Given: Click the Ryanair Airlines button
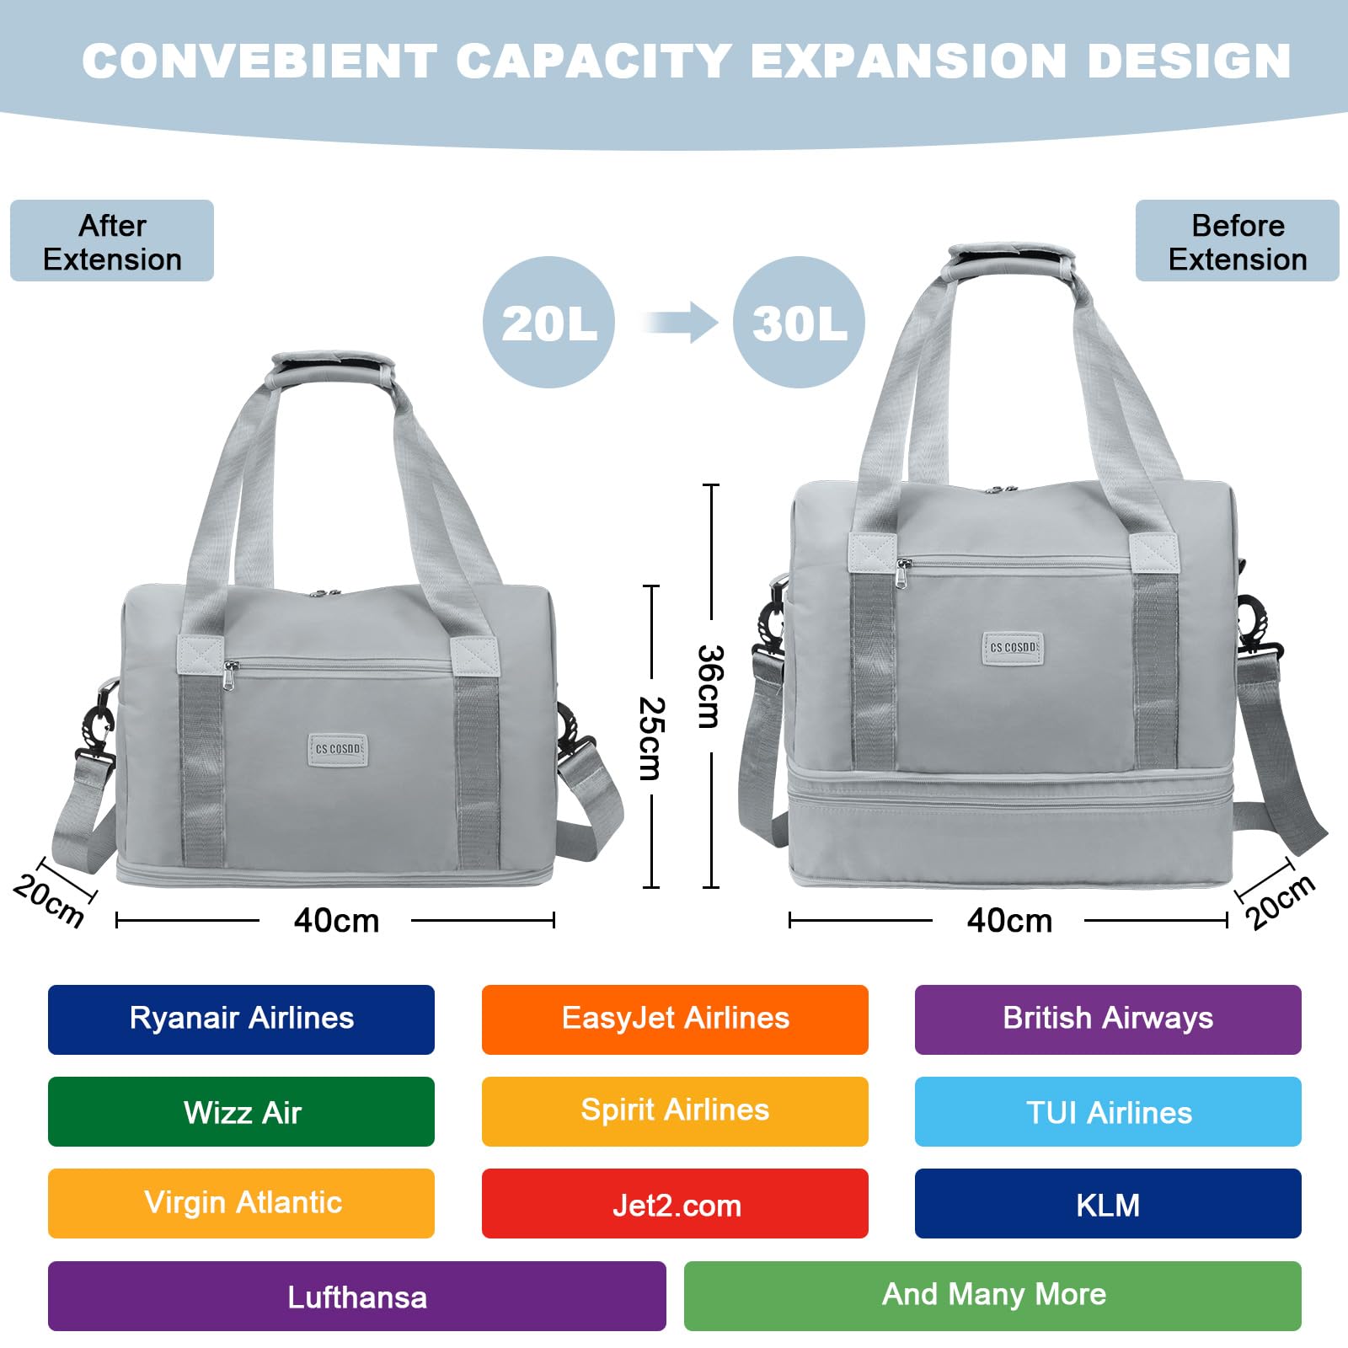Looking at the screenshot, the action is tap(241, 1019).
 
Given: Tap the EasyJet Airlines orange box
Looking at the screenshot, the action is tap(675, 1019).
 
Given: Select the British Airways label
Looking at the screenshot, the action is tap(1108, 1019).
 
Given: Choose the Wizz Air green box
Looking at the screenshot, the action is tap(241, 1111).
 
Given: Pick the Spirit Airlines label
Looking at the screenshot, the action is tap(675, 1111).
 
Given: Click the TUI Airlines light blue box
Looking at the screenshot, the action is tap(1108, 1111).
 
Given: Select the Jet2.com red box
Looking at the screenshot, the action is tap(675, 1203).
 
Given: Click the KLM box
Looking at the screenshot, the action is tap(1108, 1203).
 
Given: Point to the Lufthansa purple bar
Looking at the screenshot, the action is tap(356, 1296).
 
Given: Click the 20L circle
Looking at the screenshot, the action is tap(548, 323).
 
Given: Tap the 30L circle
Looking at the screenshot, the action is tap(799, 323).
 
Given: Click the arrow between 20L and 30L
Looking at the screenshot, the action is tap(681, 323).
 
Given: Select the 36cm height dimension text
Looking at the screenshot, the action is tap(709, 687).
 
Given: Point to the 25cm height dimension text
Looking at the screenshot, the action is tap(651, 738).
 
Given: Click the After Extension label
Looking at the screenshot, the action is tap(112, 241).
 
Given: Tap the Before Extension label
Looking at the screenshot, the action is tap(1237, 241).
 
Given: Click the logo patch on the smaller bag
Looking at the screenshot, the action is tap(339, 749).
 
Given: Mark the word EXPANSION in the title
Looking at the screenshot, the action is tap(910, 61).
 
